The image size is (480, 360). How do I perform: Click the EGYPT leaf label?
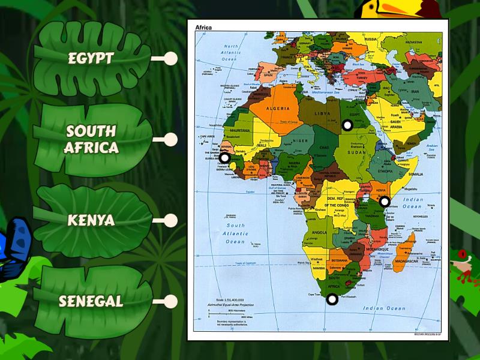pos(92,58)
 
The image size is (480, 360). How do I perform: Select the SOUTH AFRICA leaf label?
pos(92,139)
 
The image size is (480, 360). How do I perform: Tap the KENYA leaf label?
pos(91,220)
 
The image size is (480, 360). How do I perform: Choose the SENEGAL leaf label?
pos(91,301)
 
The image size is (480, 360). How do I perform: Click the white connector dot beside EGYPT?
pos(171,59)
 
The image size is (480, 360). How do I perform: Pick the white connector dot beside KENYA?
pos(171,220)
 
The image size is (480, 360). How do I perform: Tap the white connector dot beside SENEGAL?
pos(171,301)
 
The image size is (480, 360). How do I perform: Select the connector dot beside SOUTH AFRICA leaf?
pos(171,140)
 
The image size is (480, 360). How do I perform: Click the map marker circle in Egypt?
pos(347,125)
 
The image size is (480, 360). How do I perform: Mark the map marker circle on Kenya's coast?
pos(385,202)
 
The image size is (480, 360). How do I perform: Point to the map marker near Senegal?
pos(224,158)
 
